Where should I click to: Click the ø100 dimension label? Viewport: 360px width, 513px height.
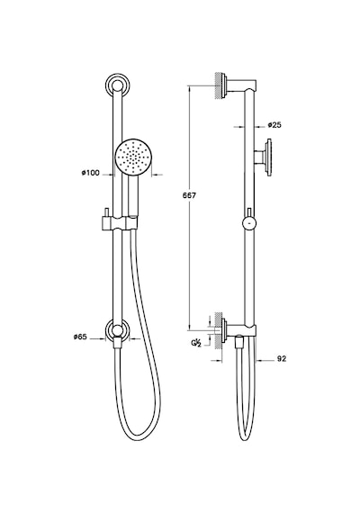[91, 173]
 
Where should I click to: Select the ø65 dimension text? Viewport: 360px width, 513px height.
[80, 337]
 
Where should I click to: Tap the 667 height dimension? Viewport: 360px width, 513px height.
[190, 195]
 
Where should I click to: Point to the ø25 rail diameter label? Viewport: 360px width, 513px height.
[274, 125]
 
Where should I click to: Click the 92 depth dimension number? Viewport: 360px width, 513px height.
[282, 358]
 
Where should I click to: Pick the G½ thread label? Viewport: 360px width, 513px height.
[195, 343]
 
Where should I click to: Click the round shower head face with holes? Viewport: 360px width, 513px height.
[132, 157]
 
